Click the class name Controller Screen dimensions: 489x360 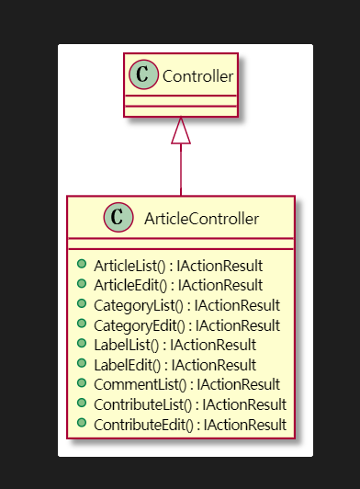tap(197, 74)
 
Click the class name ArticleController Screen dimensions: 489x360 tap(201, 218)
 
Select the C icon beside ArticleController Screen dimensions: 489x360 tap(117, 218)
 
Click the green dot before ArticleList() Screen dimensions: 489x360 tap(83, 265)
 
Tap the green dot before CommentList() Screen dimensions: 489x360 tap(83, 384)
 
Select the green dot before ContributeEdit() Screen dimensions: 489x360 tap(83, 425)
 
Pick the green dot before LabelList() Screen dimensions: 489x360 tap(83, 345)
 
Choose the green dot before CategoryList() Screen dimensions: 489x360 tap(83, 304)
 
